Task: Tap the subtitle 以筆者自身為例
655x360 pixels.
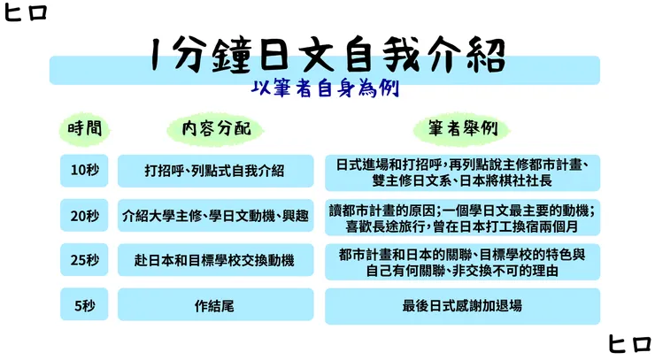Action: pos(327,90)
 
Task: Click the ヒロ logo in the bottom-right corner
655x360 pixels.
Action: pos(629,344)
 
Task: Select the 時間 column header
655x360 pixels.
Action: pos(85,129)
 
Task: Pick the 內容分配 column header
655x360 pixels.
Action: pos(216,129)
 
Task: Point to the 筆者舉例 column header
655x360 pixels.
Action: pos(462,129)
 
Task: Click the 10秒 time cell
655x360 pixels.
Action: pos(85,171)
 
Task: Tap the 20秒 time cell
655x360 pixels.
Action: pos(85,215)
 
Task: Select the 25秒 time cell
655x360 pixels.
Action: pos(85,260)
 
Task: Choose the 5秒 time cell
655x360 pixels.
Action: pos(85,305)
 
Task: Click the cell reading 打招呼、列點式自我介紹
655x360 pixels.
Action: pos(215,171)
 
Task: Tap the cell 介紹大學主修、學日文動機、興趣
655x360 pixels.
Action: pos(215,215)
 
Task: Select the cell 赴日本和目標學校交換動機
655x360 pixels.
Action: pos(215,260)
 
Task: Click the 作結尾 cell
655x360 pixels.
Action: pos(215,305)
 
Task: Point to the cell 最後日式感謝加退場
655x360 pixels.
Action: pos(462,305)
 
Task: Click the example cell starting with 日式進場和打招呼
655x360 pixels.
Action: pos(462,172)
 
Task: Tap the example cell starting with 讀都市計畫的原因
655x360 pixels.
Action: pos(462,216)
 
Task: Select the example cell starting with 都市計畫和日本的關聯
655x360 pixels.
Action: pos(462,261)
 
